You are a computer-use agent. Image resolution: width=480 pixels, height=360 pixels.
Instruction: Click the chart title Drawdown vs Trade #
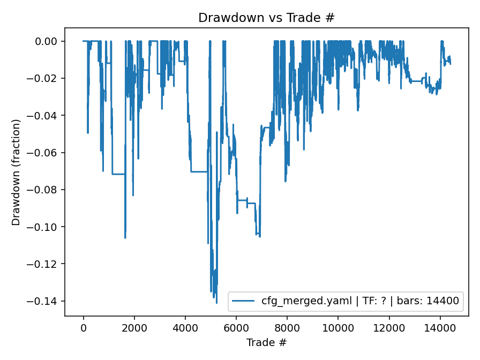(266, 17)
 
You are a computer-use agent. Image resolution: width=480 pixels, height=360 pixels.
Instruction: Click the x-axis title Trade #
(266, 342)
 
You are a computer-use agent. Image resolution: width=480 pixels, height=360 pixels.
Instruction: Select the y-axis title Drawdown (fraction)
(16, 172)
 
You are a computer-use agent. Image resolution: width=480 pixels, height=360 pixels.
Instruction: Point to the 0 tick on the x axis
(83, 328)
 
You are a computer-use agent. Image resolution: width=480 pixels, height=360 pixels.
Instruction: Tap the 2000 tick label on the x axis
(134, 328)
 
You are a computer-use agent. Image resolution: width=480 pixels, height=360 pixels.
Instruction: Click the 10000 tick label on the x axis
(338, 328)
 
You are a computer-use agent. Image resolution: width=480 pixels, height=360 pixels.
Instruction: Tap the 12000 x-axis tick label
(389, 328)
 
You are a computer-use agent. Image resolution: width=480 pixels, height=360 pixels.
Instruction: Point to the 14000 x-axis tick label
(440, 328)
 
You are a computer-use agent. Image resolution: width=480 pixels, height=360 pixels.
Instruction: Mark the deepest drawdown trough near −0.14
(216, 303)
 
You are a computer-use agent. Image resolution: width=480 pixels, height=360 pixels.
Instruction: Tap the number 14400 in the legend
(443, 301)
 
